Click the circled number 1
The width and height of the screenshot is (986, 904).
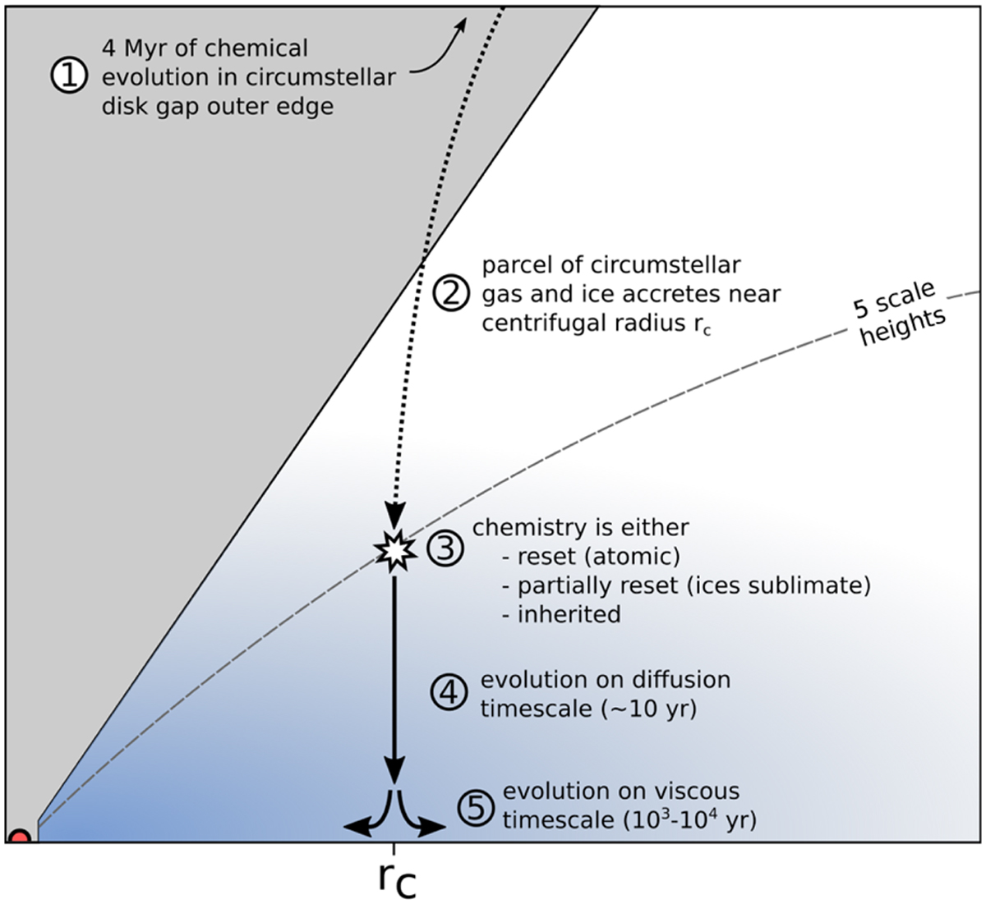[70, 76]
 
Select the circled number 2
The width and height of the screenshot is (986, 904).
[451, 293]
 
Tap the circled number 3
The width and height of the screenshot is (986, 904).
[445, 548]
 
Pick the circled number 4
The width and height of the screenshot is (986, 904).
[449, 692]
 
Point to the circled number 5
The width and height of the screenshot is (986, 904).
[476, 807]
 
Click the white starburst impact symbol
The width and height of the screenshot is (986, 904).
[394, 550]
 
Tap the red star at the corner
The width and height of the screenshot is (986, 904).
[20, 836]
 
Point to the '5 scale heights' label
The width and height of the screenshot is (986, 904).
[899, 314]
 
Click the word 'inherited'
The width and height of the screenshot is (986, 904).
[569, 614]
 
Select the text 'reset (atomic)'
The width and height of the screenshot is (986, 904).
[599, 557]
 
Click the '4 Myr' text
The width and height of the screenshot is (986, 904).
[142, 49]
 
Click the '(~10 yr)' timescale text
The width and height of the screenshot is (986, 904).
[649, 709]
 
